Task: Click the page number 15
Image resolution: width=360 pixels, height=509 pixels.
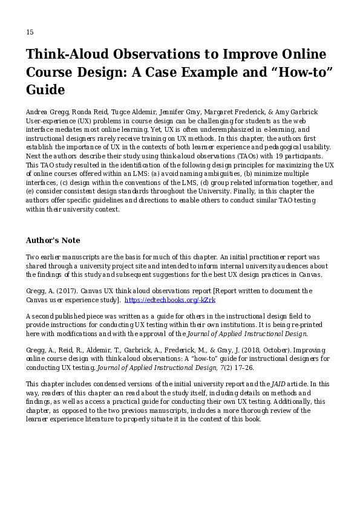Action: (30, 32)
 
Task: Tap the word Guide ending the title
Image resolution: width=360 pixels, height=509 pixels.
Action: (45, 90)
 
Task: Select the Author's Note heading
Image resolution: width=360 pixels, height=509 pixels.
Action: (53, 241)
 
